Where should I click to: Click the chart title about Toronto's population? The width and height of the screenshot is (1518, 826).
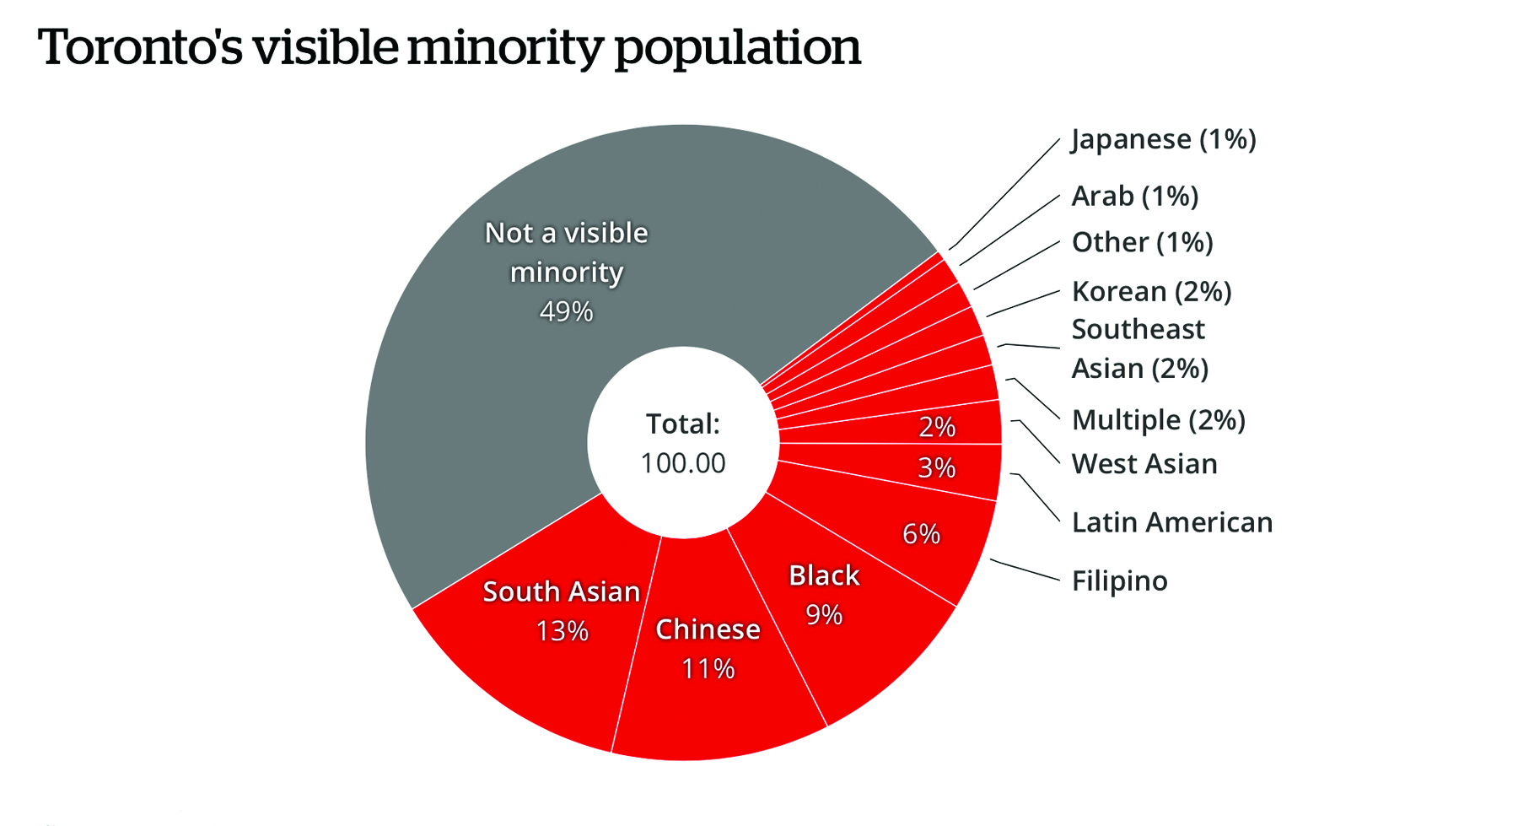click(x=449, y=47)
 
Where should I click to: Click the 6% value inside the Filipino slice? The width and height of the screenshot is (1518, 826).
click(x=921, y=534)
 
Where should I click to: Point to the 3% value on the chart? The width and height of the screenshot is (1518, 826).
click(x=936, y=467)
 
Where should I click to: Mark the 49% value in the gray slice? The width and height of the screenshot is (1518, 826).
click(x=566, y=311)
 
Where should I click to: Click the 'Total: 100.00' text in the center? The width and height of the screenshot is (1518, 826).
click(x=683, y=444)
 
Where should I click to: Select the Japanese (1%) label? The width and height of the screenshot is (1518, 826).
click(x=1163, y=139)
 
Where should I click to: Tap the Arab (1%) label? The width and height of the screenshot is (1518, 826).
click(x=1134, y=196)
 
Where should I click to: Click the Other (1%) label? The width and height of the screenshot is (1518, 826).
click(x=1142, y=243)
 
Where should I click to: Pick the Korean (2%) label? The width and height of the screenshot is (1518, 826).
click(x=1151, y=292)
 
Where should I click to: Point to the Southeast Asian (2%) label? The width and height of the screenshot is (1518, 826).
click(x=1139, y=348)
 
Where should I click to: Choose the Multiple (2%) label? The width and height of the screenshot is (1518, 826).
click(x=1158, y=420)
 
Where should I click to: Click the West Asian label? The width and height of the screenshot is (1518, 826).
click(x=1144, y=464)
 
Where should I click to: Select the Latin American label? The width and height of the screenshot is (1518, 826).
click(x=1171, y=523)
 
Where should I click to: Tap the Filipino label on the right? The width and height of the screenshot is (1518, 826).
click(x=1119, y=581)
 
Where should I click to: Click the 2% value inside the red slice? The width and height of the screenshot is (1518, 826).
click(x=936, y=427)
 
